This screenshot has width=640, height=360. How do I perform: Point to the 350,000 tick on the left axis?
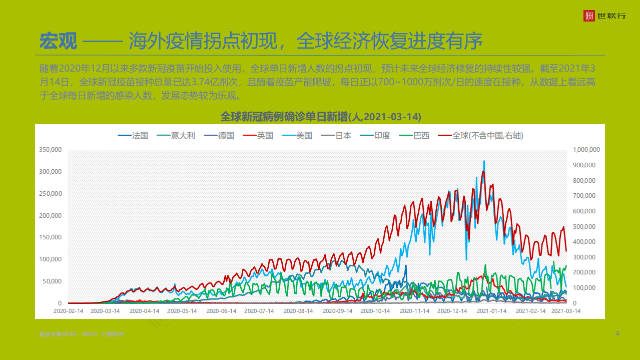pos(50,150)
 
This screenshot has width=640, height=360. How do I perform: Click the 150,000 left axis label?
pos(50,237)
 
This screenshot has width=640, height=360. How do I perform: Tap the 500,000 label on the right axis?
pos(586,227)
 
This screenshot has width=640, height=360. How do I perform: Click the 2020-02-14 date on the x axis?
pos(69,311)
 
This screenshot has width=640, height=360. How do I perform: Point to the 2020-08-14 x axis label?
pos(298,311)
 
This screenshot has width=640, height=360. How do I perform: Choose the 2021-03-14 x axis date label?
pos(566,311)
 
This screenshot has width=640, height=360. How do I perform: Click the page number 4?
pos(617,333)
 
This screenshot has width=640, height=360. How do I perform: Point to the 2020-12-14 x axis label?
pos(452,311)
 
